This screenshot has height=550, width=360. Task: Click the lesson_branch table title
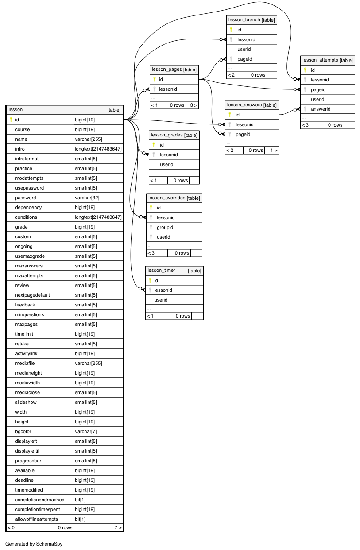251,20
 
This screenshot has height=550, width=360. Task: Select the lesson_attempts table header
327,60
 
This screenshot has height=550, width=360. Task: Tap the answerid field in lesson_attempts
321,109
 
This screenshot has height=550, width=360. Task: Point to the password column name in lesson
26,198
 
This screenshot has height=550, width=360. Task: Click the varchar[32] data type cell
87,198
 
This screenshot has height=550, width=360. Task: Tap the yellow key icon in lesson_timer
150,280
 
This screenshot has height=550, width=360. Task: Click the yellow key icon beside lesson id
11,120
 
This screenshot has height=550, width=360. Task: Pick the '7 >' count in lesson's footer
118,527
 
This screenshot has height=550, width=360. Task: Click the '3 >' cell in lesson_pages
194,105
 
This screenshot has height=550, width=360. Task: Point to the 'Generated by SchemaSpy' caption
34,544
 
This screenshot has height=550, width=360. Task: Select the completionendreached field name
40,500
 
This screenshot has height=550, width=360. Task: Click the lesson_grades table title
174,135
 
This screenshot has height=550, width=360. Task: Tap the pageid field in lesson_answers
243,134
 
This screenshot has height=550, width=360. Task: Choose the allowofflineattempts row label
37,519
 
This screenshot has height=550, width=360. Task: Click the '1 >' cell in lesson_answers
274,150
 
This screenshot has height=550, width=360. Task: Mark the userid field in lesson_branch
244,49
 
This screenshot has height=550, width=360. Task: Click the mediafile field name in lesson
25,363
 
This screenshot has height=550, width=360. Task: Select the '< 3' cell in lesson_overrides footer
151,253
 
